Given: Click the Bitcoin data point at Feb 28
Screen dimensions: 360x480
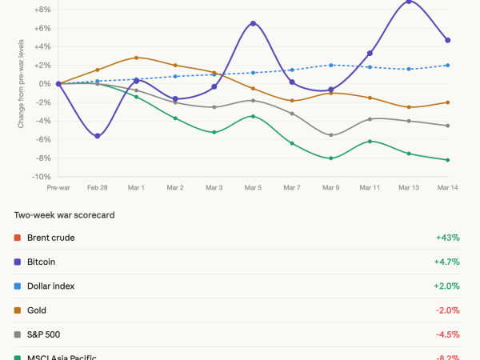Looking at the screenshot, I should [98, 136].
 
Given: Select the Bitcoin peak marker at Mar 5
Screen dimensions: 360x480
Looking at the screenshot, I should [253, 23].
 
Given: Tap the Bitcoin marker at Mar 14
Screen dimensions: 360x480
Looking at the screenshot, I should [447, 40].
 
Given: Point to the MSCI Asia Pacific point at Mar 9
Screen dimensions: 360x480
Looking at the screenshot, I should [330, 158].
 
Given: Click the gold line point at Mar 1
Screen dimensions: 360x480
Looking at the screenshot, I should [137, 58].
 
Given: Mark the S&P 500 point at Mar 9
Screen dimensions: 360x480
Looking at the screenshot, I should [330, 135].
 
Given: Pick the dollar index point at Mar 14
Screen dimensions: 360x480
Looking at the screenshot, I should [447, 65].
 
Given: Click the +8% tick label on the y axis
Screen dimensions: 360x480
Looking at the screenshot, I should [43, 10].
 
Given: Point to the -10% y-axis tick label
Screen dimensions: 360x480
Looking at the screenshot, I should [42, 177].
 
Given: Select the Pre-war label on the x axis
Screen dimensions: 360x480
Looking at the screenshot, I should [58, 188].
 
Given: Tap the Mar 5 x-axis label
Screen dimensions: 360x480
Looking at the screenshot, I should [253, 188].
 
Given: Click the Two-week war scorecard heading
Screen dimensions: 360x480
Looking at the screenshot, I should [63, 215].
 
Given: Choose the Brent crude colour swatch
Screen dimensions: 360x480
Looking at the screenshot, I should [18, 238].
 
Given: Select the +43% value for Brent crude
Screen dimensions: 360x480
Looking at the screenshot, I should [448, 238].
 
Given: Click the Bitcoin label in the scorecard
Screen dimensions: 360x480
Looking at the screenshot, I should [41, 262].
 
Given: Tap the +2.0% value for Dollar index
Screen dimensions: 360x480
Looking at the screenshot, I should [448, 286].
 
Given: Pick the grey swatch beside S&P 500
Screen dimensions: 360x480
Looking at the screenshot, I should [18, 334].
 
